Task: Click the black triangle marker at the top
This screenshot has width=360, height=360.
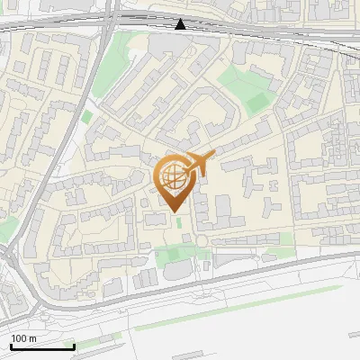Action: pos(181,24)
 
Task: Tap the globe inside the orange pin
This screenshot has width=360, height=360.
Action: pos(171,175)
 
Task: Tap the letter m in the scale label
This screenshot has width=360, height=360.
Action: pos(33,338)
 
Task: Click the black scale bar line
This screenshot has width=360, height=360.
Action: pos(41,346)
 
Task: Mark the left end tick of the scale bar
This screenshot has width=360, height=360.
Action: pos(11,346)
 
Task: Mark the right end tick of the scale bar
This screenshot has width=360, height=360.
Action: pos(73,346)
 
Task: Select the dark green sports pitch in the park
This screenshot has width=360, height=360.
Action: pos(258,102)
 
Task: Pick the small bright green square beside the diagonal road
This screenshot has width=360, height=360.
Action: pos(86,116)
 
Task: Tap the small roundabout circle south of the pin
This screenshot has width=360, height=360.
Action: pos(202,240)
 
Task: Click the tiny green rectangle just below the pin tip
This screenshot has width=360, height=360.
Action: pos(178,222)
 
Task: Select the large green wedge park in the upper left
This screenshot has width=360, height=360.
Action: pos(110,63)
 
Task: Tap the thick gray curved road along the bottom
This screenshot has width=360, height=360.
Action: pos(225,268)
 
